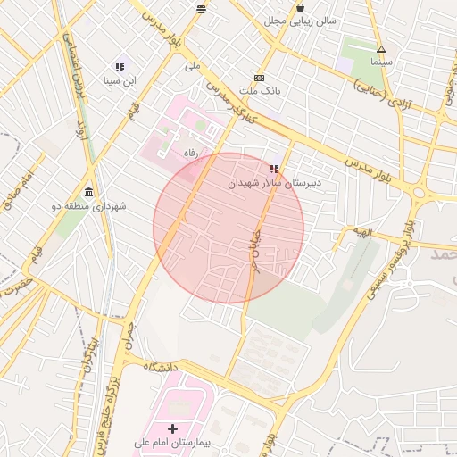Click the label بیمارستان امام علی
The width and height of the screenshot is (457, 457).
click(171, 443)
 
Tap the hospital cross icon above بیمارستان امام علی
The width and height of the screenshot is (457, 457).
click(172, 429)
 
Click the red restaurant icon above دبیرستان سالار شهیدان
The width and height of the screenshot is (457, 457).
click(273, 168)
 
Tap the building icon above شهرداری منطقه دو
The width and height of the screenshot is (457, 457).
click(89, 192)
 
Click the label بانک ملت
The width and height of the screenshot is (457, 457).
click(263, 91)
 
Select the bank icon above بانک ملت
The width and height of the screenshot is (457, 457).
click(259, 78)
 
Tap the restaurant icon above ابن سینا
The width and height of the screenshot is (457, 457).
click(120, 67)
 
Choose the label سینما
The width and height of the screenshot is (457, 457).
click(381, 62)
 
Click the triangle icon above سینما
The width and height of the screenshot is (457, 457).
click(381, 49)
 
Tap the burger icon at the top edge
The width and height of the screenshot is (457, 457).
click(201, 9)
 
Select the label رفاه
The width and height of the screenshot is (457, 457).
click(189, 154)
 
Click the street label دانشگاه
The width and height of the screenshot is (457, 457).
click(158, 367)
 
